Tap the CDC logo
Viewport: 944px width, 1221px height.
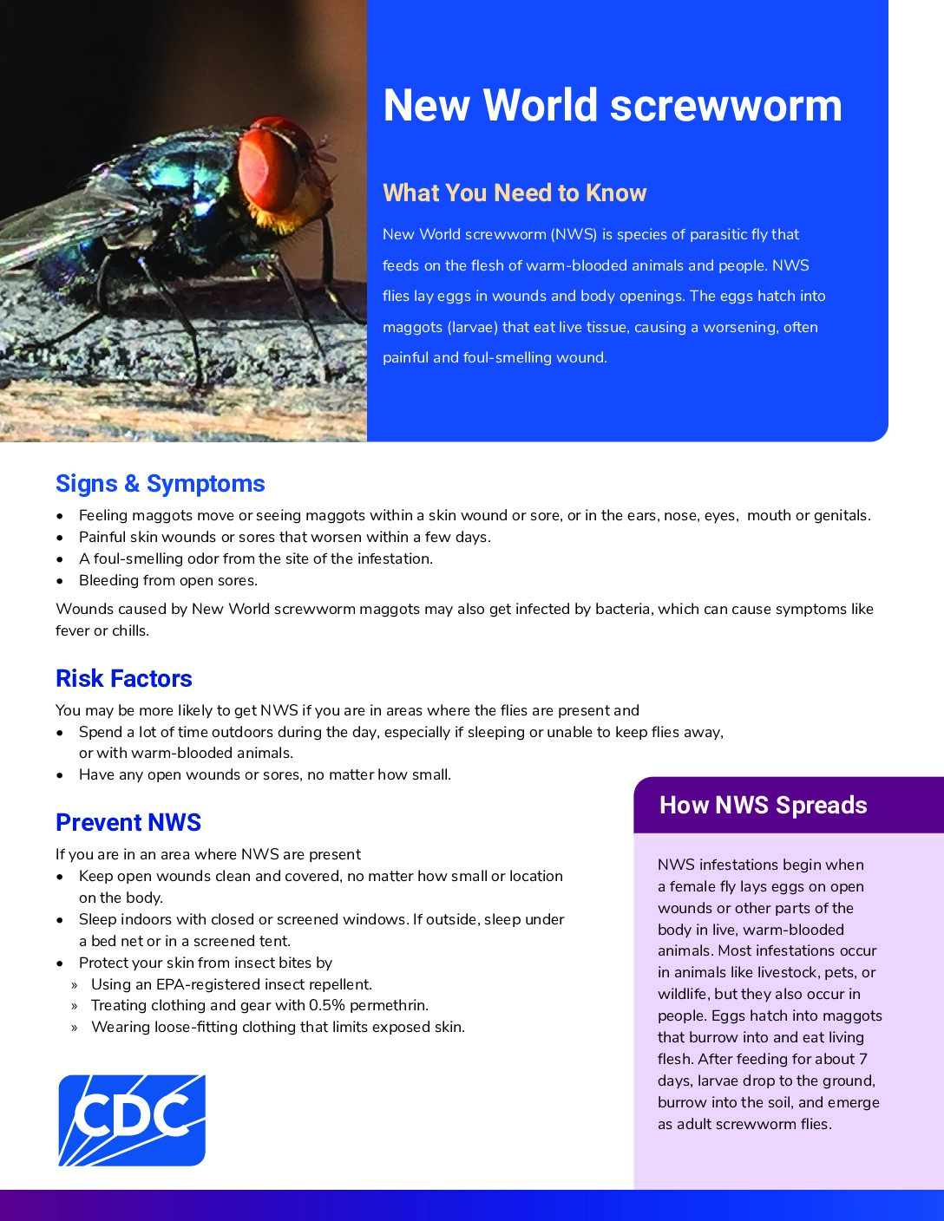coord(132,1120)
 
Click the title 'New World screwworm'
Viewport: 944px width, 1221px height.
coord(613,106)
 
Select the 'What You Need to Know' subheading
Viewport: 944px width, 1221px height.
coord(515,193)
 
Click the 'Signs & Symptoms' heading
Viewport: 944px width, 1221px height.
coord(161,484)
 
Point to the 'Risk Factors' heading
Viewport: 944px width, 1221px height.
coord(124,678)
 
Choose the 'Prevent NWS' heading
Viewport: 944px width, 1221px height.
coord(128,822)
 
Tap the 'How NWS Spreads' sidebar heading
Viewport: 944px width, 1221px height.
coord(764,805)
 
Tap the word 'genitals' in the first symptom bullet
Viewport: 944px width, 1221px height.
coord(842,515)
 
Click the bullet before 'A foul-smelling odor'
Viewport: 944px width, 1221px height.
coord(60,559)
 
